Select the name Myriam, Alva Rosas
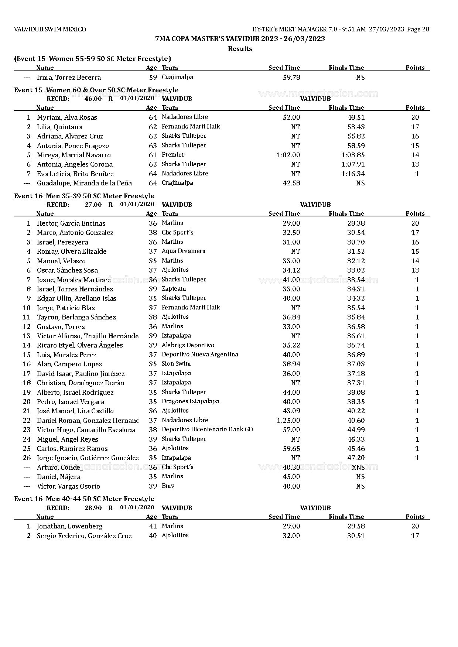pos(67,117)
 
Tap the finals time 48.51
pos(356,117)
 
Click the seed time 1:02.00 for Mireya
pos(288,155)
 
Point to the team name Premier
pos(173,155)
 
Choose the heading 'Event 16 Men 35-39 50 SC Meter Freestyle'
pos(84,196)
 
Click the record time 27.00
pos(93,205)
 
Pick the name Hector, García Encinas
pos(71,223)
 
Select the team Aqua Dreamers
pos(183,251)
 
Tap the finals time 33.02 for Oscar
pos(356,270)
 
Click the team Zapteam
pos(174,289)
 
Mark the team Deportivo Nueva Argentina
pos(200,355)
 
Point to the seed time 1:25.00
pos(288,421)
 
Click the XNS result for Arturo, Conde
pos(358,467)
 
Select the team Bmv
pos(168,486)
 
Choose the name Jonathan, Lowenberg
pos(70,526)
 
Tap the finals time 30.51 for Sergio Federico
pos(356,536)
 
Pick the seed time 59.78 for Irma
pos(291,78)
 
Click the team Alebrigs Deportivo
pos(188,345)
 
